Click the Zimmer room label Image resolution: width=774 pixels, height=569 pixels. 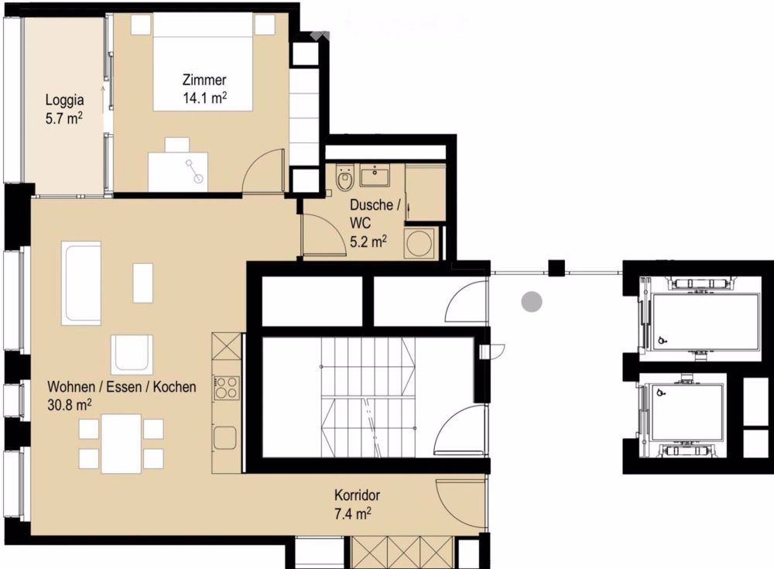[204, 80]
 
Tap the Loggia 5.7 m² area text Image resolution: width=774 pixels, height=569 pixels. [63, 118]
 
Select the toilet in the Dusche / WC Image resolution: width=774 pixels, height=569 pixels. [344, 178]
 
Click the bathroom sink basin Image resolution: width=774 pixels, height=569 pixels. [374, 175]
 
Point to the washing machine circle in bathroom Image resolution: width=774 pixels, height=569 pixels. [419, 242]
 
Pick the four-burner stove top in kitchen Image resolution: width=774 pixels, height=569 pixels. [227, 388]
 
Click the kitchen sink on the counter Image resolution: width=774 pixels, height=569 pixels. [225, 437]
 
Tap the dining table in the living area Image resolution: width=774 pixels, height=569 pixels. [122, 444]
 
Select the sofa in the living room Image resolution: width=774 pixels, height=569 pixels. [81, 283]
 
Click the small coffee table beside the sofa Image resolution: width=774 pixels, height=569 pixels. [142, 283]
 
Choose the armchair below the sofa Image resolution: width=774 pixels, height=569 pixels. [132, 355]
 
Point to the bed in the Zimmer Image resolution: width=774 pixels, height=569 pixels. [204, 62]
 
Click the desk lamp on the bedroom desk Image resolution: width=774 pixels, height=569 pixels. [193, 170]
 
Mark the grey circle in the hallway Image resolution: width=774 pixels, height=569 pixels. [532, 301]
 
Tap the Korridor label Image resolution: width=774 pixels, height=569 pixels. [357, 495]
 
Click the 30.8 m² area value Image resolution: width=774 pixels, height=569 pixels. [69, 405]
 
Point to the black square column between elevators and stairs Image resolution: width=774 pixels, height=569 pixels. [557, 268]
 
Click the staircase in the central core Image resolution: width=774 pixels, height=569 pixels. [368, 398]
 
